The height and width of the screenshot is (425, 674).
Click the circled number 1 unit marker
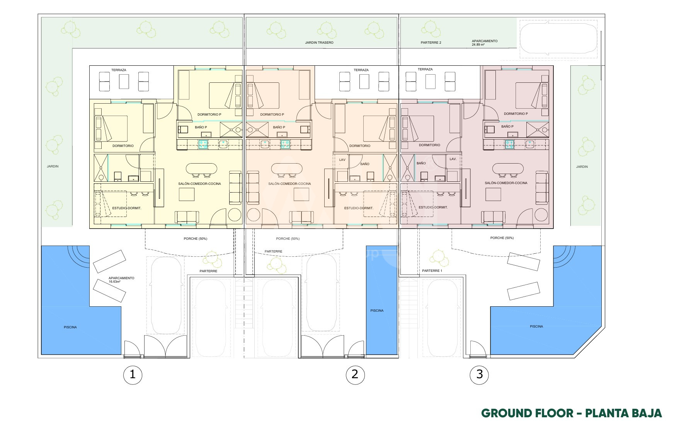click(133, 374)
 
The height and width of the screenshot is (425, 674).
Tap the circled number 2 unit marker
click(355, 374)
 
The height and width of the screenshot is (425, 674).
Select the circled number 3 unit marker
click(480, 374)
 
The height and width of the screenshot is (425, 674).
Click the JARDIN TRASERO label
click(319, 43)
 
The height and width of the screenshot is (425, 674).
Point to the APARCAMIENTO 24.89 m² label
click(485, 43)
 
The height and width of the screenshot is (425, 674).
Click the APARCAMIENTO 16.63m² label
click(121, 280)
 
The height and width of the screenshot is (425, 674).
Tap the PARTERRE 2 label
click(431, 43)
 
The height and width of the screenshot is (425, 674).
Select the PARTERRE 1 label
click(432, 271)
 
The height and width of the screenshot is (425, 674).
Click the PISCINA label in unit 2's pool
click(377, 311)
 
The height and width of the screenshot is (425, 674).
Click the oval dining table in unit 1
click(202, 169)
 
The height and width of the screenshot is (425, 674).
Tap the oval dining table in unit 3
click(508, 169)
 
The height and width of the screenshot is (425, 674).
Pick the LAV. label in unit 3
click(453, 159)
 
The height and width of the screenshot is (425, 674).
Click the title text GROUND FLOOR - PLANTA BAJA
click(572, 413)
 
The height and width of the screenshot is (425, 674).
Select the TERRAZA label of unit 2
click(361, 70)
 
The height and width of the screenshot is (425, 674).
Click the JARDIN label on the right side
click(582, 167)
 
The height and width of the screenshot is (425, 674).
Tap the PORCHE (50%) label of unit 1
click(196, 239)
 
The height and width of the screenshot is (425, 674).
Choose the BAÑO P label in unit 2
click(279, 127)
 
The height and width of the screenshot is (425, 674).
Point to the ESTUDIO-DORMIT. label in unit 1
click(127, 208)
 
